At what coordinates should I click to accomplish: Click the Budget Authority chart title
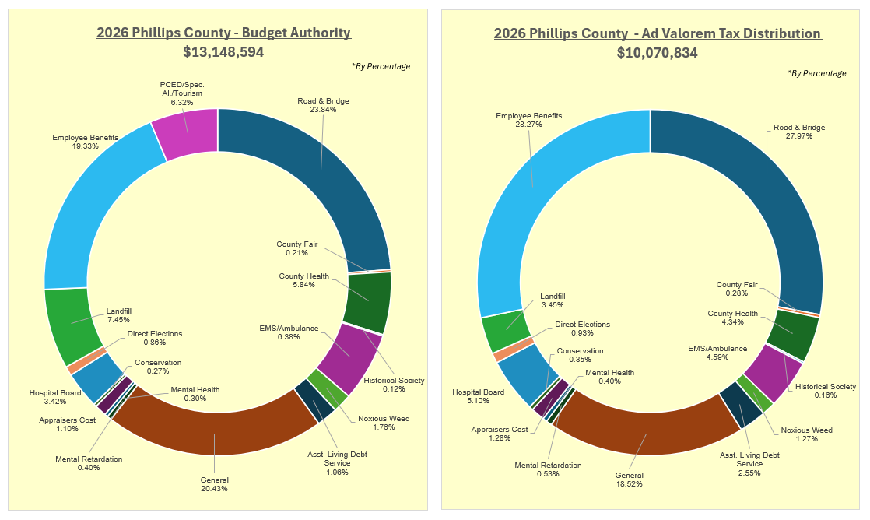[x=223, y=33]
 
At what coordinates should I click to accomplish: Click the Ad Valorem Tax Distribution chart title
[x=658, y=33]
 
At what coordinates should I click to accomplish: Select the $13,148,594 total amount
[x=223, y=52]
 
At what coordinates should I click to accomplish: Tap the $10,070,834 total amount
[x=658, y=53]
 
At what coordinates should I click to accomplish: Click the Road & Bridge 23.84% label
[x=323, y=105]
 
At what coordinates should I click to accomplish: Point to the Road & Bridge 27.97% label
[x=798, y=132]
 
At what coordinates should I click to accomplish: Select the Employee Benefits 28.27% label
[x=528, y=121]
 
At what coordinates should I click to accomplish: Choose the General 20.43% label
[x=214, y=484]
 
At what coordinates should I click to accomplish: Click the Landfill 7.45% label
[x=118, y=314]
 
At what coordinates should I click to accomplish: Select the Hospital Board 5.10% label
[x=478, y=397]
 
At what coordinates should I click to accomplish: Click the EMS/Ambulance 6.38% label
[x=289, y=332]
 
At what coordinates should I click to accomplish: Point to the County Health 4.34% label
[x=733, y=318]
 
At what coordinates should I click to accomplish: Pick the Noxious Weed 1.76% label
[x=384, y=423]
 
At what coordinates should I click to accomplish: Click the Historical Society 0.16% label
[x=826, y=391]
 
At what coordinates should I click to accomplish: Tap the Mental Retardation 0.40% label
[x=89, y=463]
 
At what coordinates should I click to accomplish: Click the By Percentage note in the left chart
[x=381, y=66]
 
